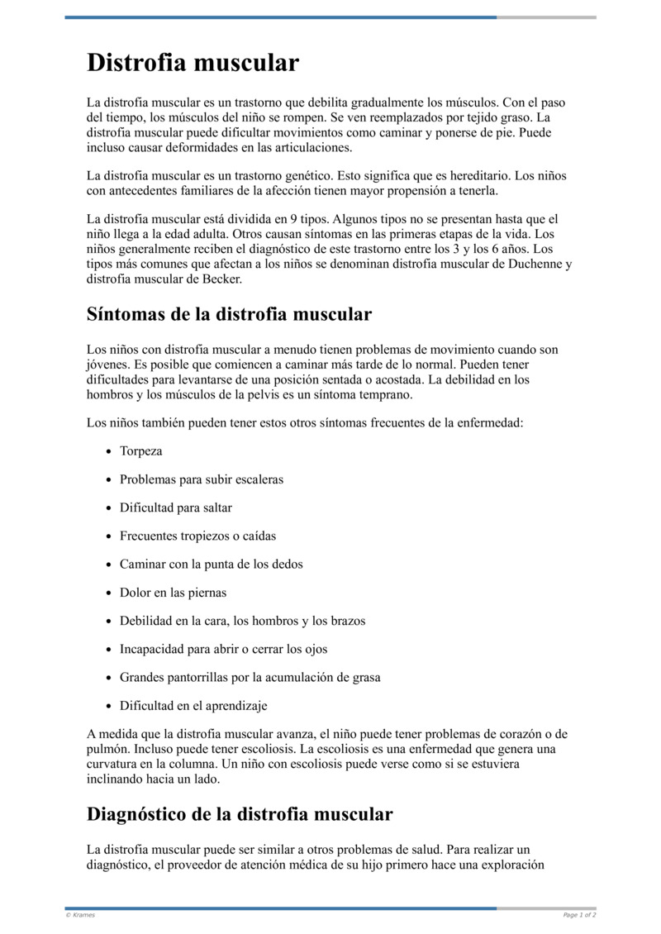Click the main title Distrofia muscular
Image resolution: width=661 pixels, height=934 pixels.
pyautogui.click(x=193, y=63)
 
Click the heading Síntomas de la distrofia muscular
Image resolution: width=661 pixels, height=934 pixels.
pyautogui.click(x=229, y=314)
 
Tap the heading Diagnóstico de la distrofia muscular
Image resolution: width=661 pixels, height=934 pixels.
pyautogui.click(x=240, y=813)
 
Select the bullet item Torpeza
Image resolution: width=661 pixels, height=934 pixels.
pyautogui.click(x=140, y=451)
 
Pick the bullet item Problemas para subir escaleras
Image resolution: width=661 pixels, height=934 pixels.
pyautogui.click(x=202, y=479)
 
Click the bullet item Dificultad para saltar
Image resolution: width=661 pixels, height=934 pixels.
pyautogui.click(x=176, y=508)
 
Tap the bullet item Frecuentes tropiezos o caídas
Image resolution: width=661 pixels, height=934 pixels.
pyautogui.click(x=197, y=536)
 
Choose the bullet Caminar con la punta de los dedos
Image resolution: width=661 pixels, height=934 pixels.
pyautogui.click(x=211, y=564)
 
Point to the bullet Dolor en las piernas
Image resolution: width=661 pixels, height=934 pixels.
pyautogui.click(x=173, y=593)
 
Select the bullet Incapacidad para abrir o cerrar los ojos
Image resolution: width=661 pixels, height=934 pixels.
pyautogui.click(x=223, y=649)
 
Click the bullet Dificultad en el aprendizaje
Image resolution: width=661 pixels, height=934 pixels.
pyautogui.click(x=193, y=706)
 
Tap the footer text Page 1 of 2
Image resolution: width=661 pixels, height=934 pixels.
pyautogui.click(x=579, y=915)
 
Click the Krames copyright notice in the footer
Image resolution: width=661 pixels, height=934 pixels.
pyautogui.click(x=80, y=915)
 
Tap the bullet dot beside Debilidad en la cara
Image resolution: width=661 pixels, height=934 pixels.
pyautogui.click(x=110, y=621)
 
